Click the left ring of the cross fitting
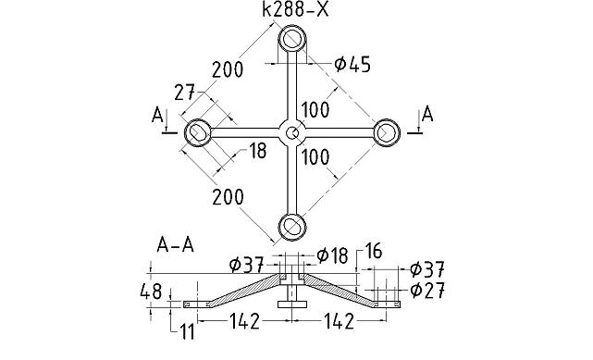tap(198, 133)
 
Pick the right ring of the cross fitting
tap(386, 133)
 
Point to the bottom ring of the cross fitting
tap(292, 226)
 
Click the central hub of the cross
tap(292, 133)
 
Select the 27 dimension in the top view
tap(185, 93)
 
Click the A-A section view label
tap(175, 246)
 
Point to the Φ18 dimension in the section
tap(332, 254)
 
